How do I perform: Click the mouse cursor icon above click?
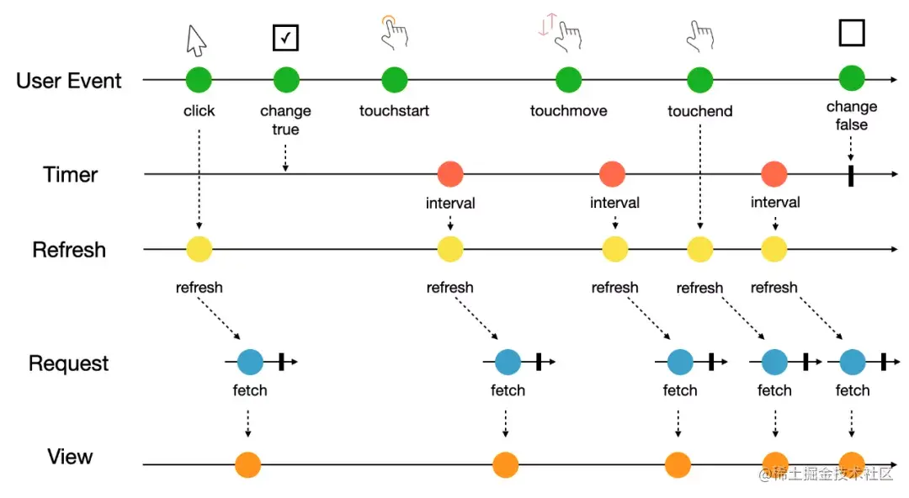pos(196,39)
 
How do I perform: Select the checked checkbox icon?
pos(285,37)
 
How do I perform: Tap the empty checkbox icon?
pos(852,33)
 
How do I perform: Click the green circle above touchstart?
pos(394,80)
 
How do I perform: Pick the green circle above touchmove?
pos(569,80)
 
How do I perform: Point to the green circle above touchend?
pos(700,80)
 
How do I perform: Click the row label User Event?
pos(69,81)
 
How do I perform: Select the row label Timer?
pos(71,175)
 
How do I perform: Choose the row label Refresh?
pos(69,250)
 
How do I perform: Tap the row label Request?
pos(69,363)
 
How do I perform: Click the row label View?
pos(70,457)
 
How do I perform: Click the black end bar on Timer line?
pos(851,175)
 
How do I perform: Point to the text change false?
pos(852,116)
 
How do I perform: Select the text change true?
pos(285,120)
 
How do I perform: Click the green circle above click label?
pos(199,80)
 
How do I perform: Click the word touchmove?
pos(568,111)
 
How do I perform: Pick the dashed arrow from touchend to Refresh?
pos(700,177)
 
